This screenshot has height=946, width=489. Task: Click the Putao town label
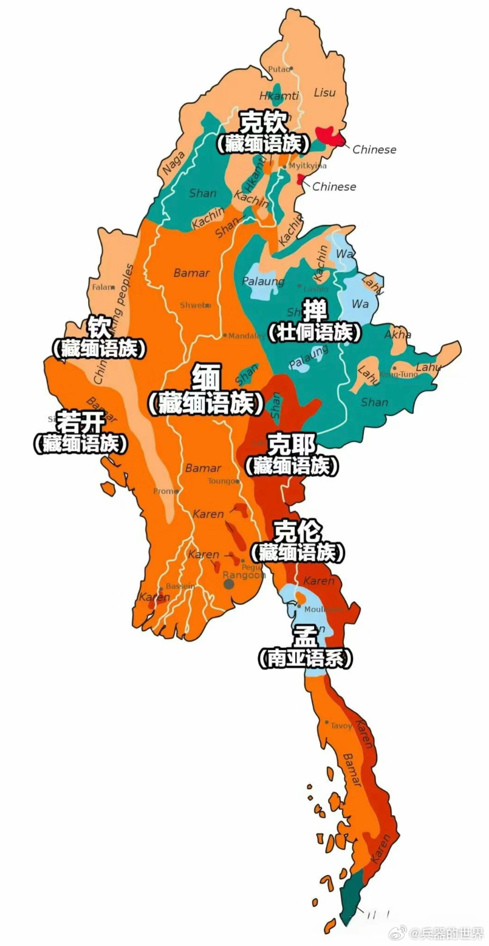coord(279,69)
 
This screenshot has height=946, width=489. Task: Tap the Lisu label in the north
coord(324,92)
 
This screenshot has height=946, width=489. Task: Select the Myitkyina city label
coord(307,165)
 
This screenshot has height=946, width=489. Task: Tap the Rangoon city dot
coord(229,584)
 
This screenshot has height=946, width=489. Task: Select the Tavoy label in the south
coord(341,725)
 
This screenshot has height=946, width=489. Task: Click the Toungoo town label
coord(222,481)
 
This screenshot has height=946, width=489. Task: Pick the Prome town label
coord(164,491)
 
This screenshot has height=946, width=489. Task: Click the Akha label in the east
coord(398,334)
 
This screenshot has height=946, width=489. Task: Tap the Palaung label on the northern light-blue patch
coord(263,281)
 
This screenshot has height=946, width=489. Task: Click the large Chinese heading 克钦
coord(262,122)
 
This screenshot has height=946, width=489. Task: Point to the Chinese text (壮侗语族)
coord(315,332)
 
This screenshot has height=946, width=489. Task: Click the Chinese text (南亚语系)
coord(304,658)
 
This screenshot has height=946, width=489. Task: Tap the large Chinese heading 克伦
coord(297,531)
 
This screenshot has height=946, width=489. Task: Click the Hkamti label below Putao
coord(279,96)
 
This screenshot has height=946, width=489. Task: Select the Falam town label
coord(101,287)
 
